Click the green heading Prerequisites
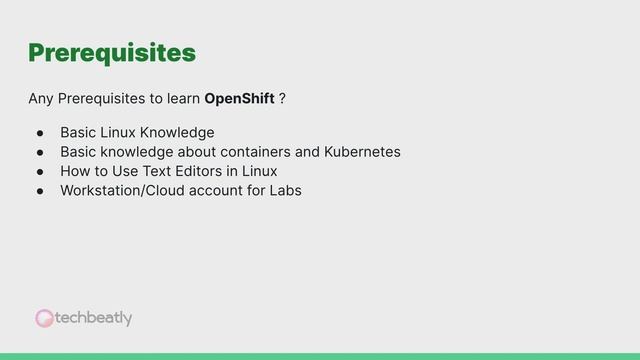point(111,52)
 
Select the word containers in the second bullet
point(256,152)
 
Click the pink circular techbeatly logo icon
point(45,318)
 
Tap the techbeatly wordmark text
point(94,318)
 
